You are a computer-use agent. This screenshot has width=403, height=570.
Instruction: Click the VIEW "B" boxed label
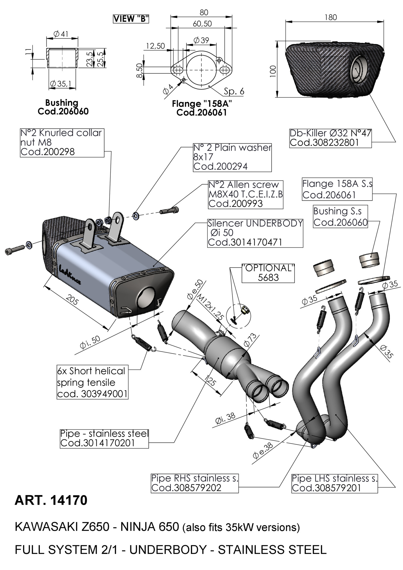pos(131,19)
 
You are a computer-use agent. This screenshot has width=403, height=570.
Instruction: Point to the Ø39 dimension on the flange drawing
pos(201,40)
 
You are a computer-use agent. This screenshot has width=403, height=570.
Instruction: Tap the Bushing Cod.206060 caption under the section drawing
pos(63,107)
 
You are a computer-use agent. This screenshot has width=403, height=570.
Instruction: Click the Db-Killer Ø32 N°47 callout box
pos(330,138)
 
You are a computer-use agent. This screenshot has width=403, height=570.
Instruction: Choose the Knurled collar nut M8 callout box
pos(62,142)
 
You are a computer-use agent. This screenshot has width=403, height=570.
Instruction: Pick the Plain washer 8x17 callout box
pos(232,157)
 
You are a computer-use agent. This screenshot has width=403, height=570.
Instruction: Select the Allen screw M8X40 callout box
pos(246,194)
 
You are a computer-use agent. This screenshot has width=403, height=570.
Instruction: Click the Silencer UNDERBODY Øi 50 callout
pos(255,233)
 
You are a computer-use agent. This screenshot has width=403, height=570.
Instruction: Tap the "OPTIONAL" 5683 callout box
pos(268,273)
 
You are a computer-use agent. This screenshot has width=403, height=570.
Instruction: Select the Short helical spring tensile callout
pos(92,382)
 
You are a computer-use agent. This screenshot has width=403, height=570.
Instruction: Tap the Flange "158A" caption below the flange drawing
pos(202,108)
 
